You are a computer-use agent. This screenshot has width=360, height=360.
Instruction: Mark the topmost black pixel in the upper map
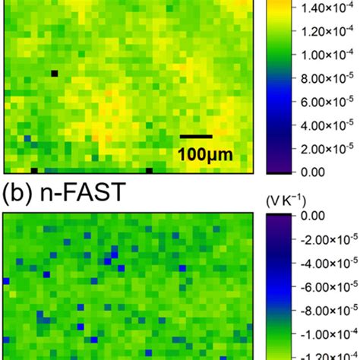(55, 73)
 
